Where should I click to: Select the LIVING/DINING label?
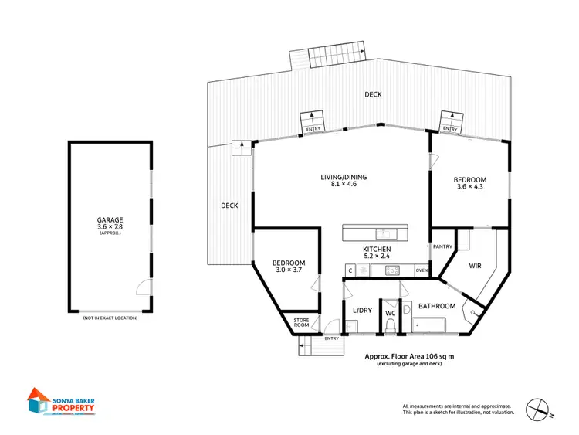344,178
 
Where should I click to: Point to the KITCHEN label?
378,250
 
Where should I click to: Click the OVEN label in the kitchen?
422,270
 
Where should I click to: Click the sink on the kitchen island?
383,233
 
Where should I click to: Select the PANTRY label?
443,247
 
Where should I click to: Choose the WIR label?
476,265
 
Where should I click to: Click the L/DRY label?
362,311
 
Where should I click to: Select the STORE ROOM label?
300,322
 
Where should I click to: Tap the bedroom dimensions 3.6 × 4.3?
471,186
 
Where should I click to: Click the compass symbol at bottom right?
539,406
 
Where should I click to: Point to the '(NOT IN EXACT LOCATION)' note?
110,318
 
